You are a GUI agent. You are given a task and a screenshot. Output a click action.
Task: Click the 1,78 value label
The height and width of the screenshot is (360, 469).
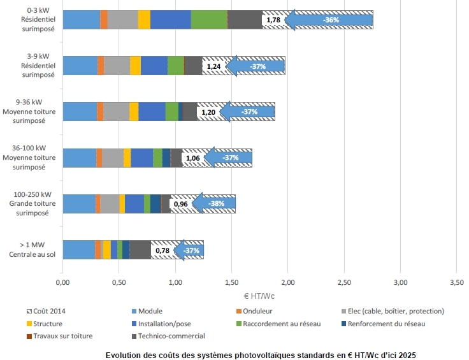click(273, 20)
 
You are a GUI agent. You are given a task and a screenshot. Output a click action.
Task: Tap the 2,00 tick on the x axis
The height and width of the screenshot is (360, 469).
click(287, 281)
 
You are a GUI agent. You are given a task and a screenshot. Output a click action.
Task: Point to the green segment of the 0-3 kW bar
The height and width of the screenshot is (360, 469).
click(209, 20)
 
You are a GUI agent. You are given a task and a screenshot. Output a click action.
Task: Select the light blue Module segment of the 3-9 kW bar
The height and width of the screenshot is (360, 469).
click(80, 66)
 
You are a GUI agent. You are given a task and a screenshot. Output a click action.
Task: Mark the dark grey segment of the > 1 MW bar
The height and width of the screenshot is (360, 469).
click(140, 250)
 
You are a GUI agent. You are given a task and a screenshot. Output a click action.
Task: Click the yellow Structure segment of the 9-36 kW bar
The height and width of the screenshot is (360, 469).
click(134, 112)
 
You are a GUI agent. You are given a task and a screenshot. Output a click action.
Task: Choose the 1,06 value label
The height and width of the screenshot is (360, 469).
click(192, 157)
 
